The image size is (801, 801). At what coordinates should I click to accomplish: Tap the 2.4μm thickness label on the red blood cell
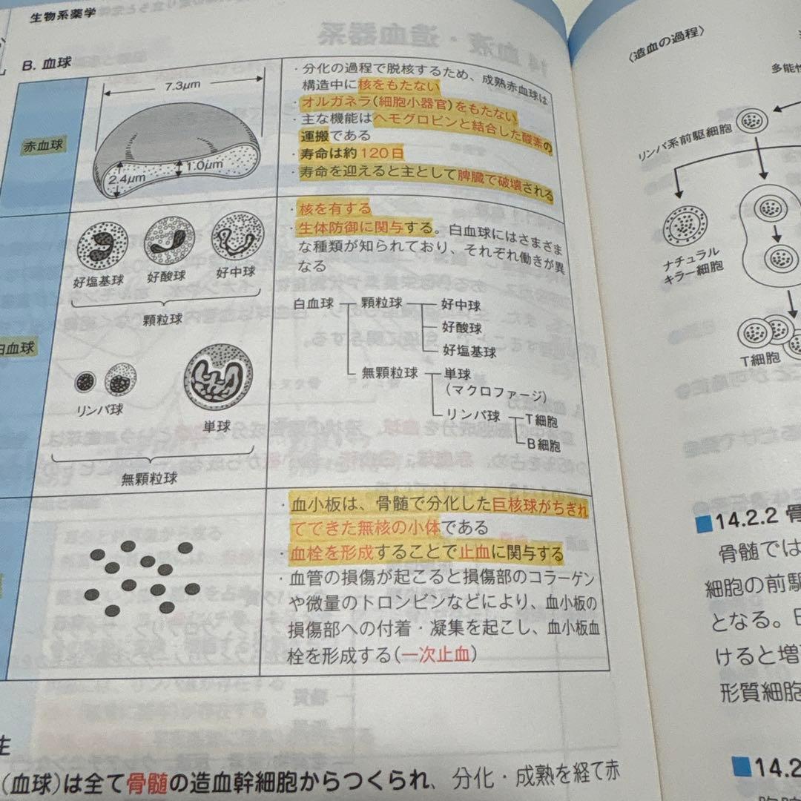coord(125,179)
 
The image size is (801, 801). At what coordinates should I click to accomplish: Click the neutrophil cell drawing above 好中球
coord(237,236)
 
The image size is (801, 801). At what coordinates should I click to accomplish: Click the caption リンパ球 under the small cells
coord(99,409)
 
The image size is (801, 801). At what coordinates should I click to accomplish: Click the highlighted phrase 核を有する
coord(333,208)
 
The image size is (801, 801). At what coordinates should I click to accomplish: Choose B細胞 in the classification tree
coord(544,445)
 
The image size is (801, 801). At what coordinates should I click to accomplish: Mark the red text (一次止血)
coord(435,654)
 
